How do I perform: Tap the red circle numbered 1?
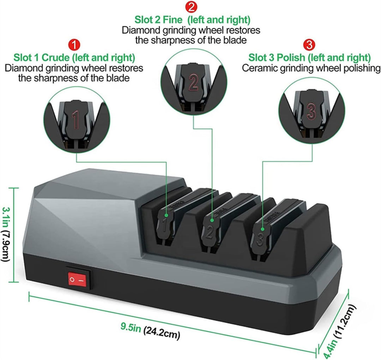(74, 45)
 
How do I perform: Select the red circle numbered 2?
(191, 7)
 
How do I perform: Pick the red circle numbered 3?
(309, 45)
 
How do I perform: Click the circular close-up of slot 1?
(77, 120)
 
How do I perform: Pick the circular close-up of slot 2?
(194, 81)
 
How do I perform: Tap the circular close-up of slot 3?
(312, 110)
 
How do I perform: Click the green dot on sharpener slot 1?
(166, 215)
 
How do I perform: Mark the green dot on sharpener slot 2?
(212, 220)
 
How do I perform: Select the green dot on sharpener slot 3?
(262, 229)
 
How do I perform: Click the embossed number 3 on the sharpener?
(260, 239)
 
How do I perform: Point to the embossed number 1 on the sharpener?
(165, 225)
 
